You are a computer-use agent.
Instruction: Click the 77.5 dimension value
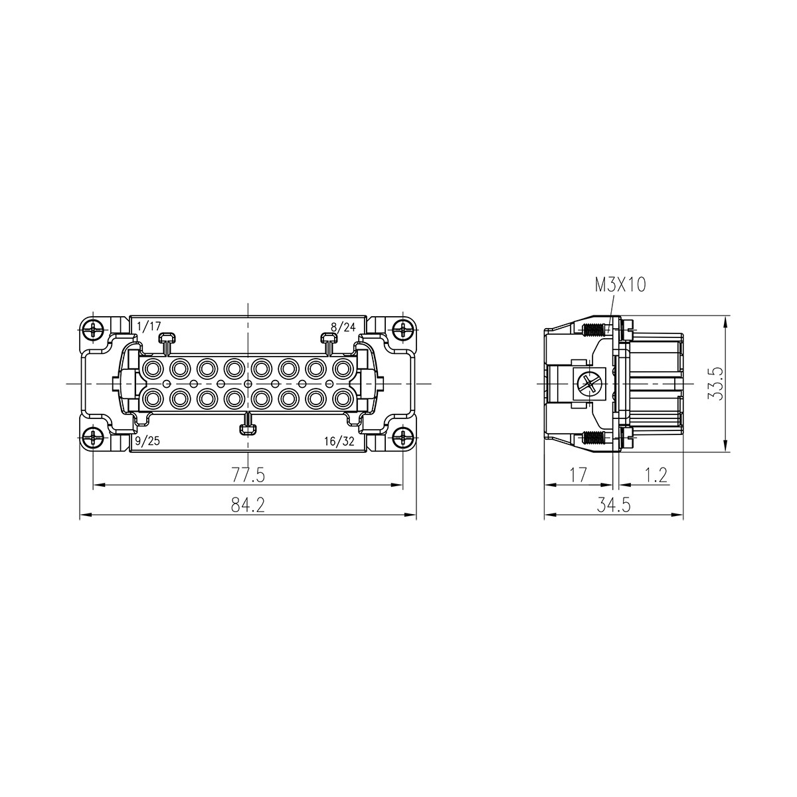(248, 475)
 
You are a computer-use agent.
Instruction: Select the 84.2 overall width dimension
(248, 505)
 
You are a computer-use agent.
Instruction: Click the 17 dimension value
(578, 475)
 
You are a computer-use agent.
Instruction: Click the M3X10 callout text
(620, 285)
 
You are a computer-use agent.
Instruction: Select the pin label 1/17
(149, 327)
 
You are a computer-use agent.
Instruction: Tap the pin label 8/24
(344, 327)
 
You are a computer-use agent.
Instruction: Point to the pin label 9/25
(147, 441)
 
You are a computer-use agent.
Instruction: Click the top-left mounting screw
(94, 329)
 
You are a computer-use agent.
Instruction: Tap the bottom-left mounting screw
(94, 438)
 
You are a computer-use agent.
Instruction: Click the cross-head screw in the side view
(588, 383)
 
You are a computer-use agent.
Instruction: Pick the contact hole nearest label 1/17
(153, 367)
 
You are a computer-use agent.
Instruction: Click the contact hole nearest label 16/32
(343, 398)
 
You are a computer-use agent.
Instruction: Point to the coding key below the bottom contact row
(248, 425)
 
